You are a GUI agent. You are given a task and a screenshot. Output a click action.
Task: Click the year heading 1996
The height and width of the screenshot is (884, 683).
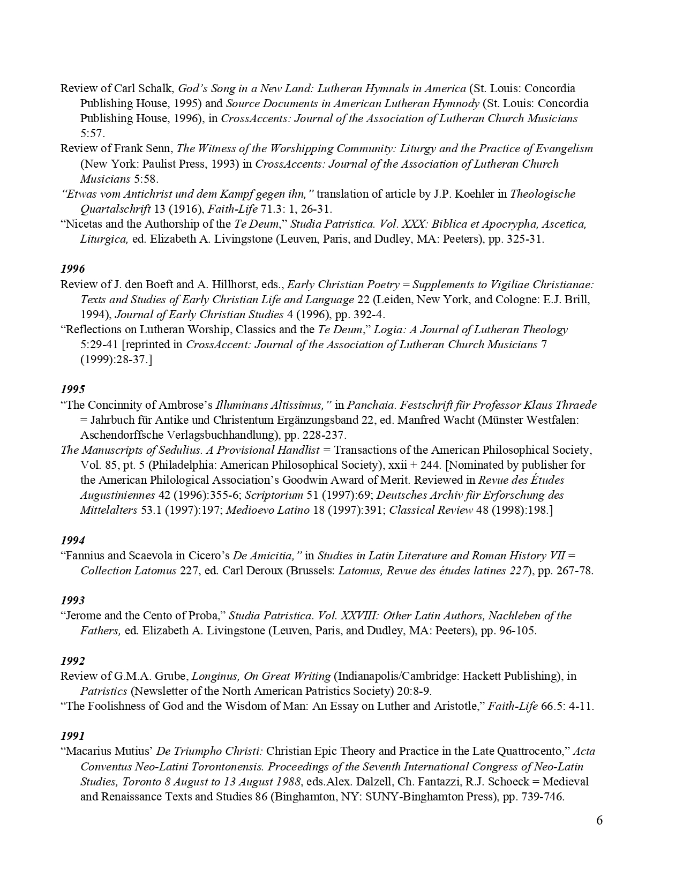(72, 269)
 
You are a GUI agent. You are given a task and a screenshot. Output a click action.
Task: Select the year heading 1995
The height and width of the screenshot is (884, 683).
(72, 389)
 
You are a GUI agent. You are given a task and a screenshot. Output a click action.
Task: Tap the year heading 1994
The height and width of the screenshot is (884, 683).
(72, 540)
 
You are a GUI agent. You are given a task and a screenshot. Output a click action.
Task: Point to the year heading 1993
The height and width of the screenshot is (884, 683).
(72, 600)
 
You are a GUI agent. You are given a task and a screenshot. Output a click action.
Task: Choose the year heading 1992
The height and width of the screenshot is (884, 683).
(72, 661)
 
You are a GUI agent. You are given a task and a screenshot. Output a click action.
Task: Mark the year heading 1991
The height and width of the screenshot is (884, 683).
(72, 736)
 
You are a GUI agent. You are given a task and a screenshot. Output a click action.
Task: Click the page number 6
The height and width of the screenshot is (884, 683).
(599, 820)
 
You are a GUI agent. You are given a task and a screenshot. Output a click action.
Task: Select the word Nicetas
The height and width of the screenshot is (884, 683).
(84, 224)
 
